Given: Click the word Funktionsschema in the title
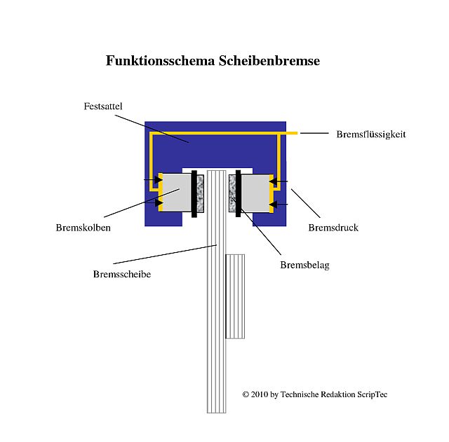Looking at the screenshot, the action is [161, 61].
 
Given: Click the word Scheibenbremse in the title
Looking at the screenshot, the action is [269, 61].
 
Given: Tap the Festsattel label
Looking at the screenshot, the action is [103, 106].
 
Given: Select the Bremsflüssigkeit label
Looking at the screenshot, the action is [371, 134].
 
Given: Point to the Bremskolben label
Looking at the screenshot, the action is [83, 228].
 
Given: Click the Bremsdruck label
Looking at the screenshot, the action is [333, 228].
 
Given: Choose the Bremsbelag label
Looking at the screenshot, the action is [304, 265].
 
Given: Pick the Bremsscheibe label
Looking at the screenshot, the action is [122, 274].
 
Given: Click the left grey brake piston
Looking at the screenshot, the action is [177, 193].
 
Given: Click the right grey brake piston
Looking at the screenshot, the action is [255, 193].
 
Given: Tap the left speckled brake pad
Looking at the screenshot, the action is [201, 193].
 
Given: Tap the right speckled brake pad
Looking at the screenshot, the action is [232, 193].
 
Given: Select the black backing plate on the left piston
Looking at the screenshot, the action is [194, 194].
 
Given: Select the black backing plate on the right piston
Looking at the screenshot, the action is [239, 193].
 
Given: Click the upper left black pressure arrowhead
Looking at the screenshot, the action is [159, 179].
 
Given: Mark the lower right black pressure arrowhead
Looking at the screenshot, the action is [274, 205].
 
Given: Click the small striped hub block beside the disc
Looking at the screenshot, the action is [236, 296].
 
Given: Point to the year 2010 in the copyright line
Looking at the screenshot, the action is [260, 394].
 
